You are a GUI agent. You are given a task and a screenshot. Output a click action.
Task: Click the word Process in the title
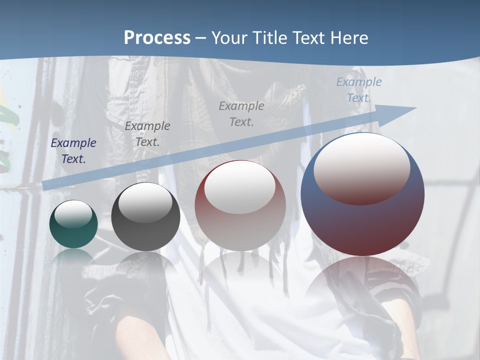point(157,38)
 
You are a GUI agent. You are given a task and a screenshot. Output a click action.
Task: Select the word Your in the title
point(229,38)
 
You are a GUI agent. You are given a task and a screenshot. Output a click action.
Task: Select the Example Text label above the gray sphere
point(147,134)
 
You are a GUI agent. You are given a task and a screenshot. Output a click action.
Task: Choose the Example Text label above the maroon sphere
point(241,114)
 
